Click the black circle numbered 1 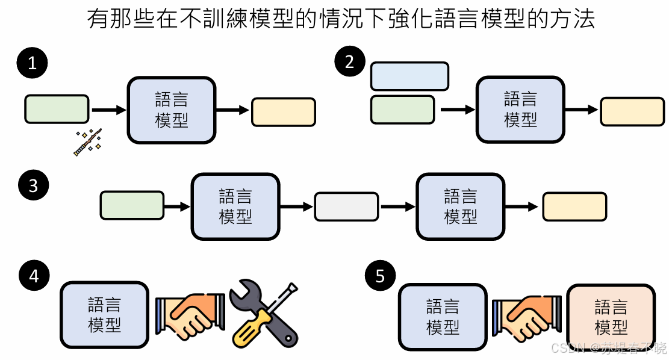pos(33,63)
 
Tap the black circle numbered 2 pos(350,61)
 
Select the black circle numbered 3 pos(33,185)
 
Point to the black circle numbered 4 pos(34,276)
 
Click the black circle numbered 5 pos(380,276)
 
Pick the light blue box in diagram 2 pos(409,76)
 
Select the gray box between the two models pos(346,206)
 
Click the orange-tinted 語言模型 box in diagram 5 pos(611,317)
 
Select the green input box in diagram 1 pos(57,109)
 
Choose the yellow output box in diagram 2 pos(632,111)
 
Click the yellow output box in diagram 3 pos(574,206)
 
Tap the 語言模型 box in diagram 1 pos(172,110)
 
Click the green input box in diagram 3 pos(132,205)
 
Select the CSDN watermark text pos(608,348)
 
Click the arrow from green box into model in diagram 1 pos(108,110)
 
